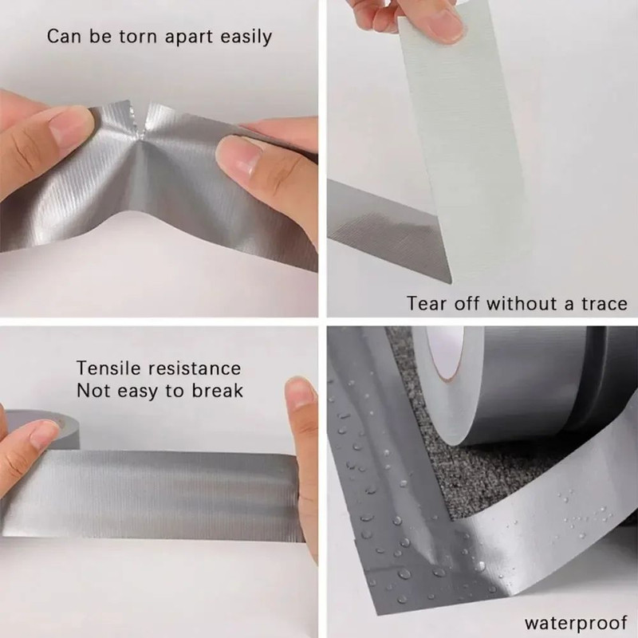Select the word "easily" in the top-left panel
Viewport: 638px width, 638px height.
click(244, 37)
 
